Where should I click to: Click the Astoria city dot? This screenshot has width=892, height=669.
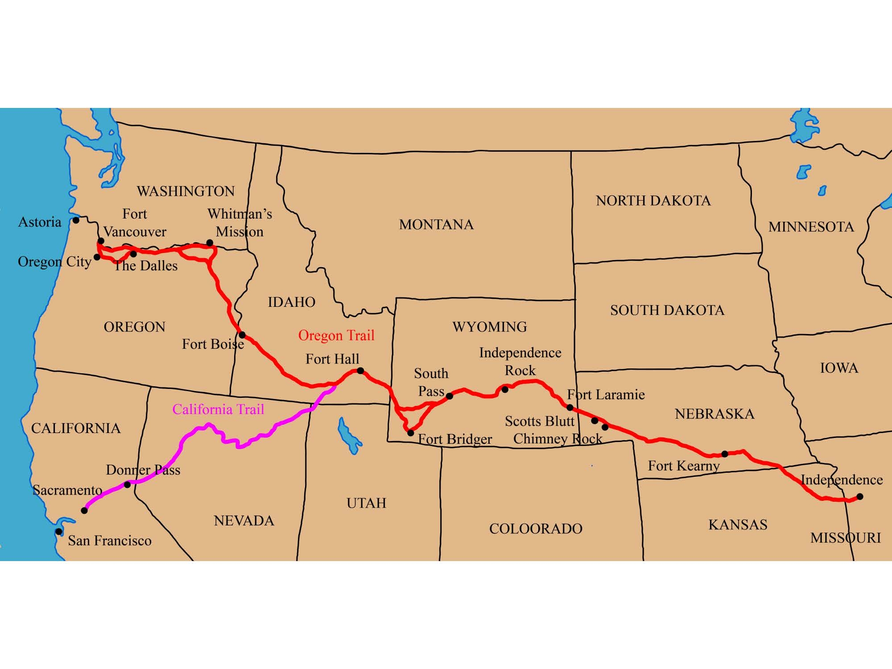point(76,220)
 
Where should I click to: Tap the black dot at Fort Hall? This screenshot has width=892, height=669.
point(360,371)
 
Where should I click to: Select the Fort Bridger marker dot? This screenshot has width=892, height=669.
point(411,433)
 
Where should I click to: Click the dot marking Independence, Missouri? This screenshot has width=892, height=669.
point(860,496)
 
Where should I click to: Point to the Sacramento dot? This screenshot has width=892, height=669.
point(84,510)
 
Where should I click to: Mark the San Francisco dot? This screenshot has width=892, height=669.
point(58,532)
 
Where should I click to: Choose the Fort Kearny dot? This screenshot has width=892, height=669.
point(725,454)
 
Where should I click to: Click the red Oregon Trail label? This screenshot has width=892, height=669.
point(336,335)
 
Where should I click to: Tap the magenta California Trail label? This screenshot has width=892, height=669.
point(218,409)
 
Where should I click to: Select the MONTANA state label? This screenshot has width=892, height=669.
point(436,225)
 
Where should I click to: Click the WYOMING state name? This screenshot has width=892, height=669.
point(490,327)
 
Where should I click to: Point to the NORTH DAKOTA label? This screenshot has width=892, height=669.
point(653,201)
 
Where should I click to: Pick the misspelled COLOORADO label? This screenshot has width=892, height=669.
point(536,529)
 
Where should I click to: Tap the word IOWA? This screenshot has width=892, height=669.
point(839,368)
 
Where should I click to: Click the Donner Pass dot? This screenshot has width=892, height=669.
point(127,484)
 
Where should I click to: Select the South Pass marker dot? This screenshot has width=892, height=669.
point(450,396)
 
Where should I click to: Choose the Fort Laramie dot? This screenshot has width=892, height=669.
point(570,407)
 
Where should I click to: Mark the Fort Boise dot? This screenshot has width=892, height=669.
point(242,334)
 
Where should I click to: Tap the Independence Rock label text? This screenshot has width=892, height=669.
point(520,362)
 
